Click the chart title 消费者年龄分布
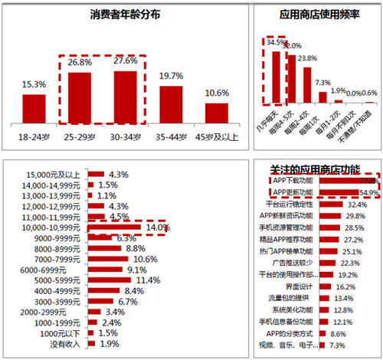coord(126,16)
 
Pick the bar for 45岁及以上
coord(217,113)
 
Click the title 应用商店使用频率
coord(317,15)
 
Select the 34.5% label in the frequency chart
coord(273,43)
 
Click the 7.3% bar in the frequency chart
coord(323,96)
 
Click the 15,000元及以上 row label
coord(56,174)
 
